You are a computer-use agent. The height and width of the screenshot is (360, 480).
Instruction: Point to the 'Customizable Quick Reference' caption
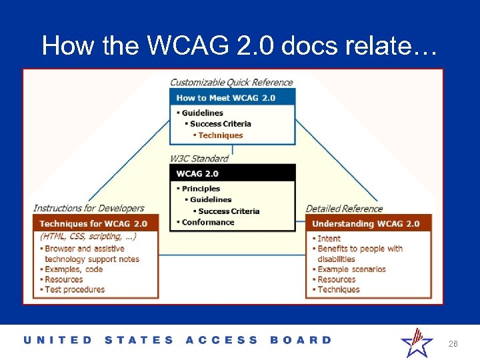231,83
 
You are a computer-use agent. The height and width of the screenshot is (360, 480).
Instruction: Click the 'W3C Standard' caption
199,159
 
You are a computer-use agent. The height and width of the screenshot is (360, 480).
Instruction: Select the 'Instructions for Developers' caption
89,209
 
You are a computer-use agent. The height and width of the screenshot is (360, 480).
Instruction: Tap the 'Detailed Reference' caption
344,209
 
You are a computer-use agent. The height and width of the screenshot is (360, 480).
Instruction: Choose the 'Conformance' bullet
207,222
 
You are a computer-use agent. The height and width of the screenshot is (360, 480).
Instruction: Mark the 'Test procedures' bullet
74,289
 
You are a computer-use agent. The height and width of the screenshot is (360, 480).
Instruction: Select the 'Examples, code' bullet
73,269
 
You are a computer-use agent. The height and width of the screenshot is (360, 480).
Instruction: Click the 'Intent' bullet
329,239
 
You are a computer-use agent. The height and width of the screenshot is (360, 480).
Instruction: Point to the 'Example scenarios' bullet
351,269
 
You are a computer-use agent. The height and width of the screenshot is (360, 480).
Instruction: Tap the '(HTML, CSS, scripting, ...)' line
88,237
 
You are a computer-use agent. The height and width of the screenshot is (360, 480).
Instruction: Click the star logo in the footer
416,341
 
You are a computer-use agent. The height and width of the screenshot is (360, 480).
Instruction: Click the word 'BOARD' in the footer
300,340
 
